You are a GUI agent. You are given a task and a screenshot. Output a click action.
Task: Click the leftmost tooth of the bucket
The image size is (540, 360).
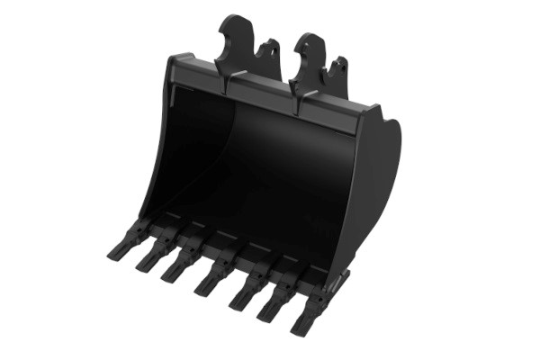pyautogui.click(x=120, y=244)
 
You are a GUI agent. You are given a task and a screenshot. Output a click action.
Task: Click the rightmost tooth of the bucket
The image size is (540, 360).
pyautogui.click(x=306, y=312)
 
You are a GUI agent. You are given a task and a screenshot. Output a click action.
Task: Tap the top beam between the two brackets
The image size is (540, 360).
pyautogui.click(x=261, y=90)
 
